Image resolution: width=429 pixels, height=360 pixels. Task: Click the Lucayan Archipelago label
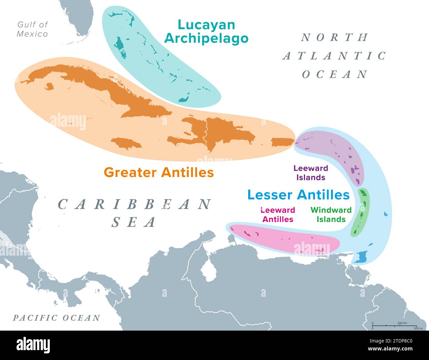pos(206,31)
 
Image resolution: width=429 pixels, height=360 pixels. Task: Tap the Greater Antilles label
pos(159,172)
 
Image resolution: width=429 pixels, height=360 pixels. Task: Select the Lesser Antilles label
pos(298,195)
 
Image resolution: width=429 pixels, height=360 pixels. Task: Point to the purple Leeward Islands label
pos(311,173)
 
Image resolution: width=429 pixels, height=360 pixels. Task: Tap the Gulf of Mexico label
pos(33,29)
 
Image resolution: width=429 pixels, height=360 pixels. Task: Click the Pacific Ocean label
pos(56,318)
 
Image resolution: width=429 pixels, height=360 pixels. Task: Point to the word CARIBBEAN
pos(135,204)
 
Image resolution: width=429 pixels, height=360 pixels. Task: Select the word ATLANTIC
pos(334,56)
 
